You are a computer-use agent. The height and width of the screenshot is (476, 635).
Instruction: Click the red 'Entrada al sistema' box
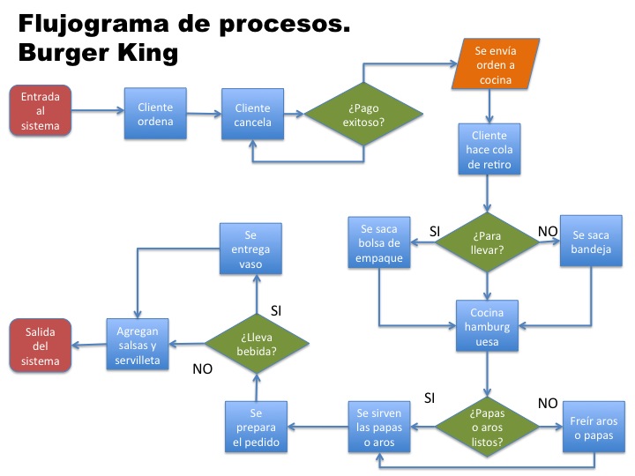click(x=41, y=112)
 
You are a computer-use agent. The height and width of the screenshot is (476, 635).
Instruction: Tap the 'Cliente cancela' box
click(x=252, y=115)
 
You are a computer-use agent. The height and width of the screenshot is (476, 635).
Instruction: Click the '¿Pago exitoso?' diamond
click(x=363, y=115)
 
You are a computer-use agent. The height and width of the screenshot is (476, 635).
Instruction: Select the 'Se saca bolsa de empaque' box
click(x=379, y=243)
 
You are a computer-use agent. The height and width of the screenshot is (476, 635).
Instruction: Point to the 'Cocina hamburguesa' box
click(x=487, y=326)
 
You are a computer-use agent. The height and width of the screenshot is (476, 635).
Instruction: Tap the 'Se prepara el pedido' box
click(x=256, y=428)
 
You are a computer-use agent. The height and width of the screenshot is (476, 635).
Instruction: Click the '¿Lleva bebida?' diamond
click(x=257, y=343)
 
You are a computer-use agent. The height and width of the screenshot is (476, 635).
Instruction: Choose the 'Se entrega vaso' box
click(x=250, y=249)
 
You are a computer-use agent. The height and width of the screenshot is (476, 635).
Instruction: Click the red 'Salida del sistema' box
click(x=41, y=346)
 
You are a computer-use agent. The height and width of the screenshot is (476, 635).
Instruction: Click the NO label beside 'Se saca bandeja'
click(x=548, y=231)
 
